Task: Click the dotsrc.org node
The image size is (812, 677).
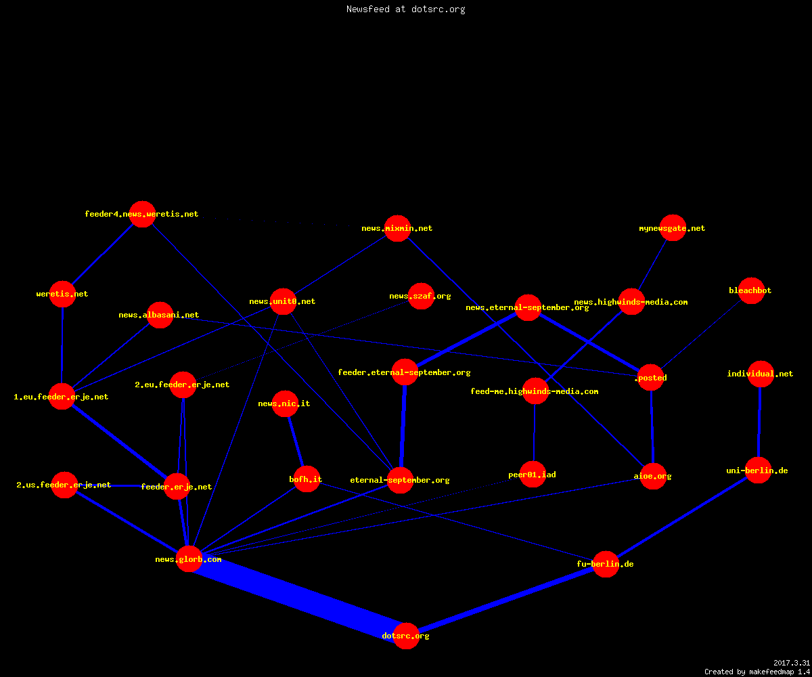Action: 406,636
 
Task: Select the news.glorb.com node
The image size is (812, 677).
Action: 189,559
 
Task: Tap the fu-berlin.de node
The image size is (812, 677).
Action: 606,564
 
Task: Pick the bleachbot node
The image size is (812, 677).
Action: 751,290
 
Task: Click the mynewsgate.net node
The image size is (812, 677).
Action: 673,227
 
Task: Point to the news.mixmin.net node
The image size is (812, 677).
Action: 397,228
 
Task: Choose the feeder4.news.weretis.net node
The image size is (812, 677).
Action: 142,214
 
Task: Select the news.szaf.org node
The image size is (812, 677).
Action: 421,296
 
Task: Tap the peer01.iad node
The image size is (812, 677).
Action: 533,474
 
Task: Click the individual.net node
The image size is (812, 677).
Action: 761,374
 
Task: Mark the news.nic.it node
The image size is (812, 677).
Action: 285,403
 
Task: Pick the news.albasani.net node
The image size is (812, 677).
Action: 160,315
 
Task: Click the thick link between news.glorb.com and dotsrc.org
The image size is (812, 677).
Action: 298,597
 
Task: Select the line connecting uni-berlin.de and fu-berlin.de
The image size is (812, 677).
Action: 681,517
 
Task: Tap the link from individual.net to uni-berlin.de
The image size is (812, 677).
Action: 759,422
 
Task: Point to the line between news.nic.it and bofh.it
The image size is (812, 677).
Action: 296,441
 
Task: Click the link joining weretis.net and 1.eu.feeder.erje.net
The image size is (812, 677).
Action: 62,345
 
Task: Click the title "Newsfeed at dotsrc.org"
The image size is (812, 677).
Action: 405,9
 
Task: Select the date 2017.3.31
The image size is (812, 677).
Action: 792,663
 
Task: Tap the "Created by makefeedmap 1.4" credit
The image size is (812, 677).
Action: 757,672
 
